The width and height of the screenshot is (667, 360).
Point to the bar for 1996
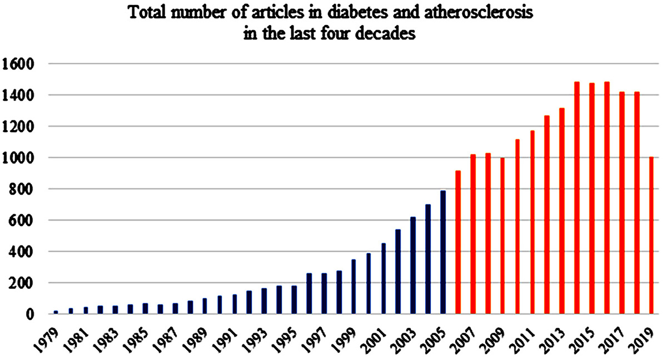tap(309, 294)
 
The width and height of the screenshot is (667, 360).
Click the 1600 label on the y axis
tap(18, 64)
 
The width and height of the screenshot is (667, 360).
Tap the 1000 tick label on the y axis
tap(18, 158)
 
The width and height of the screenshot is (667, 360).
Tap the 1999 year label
tap(344, 338)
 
